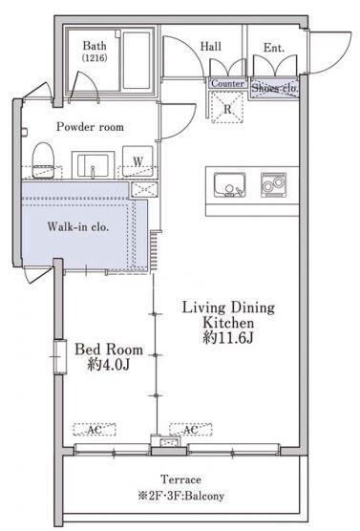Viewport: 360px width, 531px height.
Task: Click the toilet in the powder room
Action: point(44,160)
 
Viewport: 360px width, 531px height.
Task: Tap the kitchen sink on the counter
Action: point(229,185)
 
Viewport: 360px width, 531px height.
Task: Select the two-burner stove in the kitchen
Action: point(274,185)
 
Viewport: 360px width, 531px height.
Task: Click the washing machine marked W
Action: point(138,161)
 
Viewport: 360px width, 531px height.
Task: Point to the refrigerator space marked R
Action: point(227,107)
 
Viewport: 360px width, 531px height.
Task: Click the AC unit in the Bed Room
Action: point(95,430)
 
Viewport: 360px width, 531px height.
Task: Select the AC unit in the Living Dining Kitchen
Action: point(191,430)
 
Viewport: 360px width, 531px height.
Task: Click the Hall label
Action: point(211,47)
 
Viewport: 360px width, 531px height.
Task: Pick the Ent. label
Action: point(274,48)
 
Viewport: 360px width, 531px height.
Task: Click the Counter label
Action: point(227,83)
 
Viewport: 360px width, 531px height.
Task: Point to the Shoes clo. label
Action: point(274,88)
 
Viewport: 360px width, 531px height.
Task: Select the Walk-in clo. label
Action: point(78,226)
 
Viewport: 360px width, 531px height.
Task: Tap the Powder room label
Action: point(90,127)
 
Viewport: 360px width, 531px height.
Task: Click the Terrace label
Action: point(180,479)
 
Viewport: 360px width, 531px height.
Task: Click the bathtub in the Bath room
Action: point(137,60)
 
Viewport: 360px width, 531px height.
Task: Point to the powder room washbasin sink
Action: point(94,165)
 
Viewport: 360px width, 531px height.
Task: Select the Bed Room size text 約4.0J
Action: point(109,365)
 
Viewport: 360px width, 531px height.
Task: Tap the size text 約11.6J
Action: point(228,338)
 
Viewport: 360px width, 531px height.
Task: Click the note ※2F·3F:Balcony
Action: point(180,496)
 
